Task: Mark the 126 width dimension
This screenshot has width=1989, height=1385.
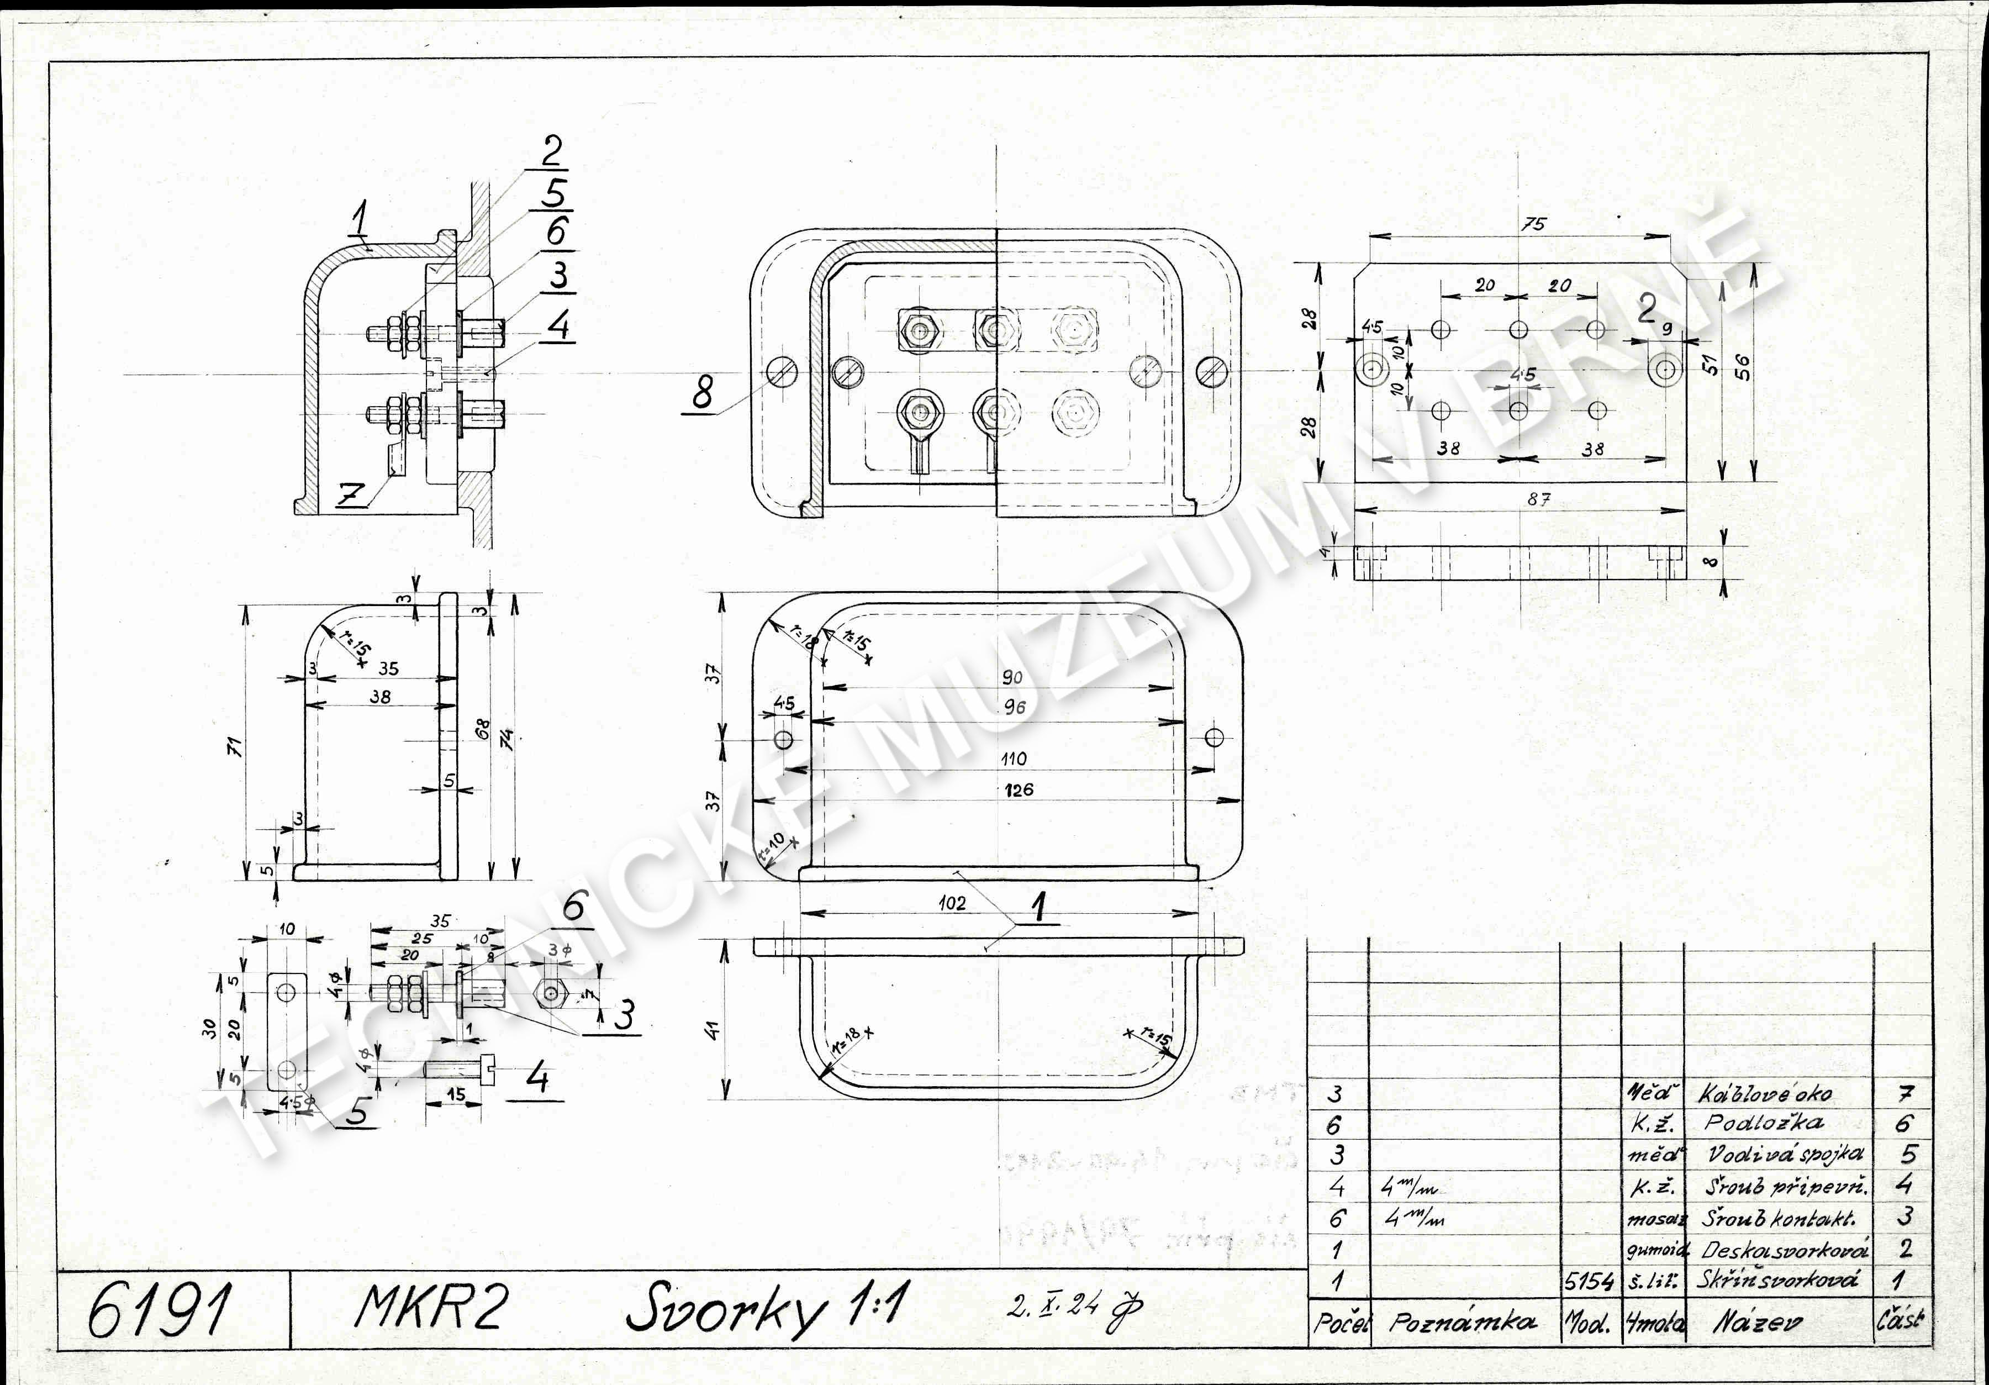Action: tap(1019, 789)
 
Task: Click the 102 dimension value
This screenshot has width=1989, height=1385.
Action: tap(952, 903)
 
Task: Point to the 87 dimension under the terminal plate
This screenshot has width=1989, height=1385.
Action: tap(1538, 499)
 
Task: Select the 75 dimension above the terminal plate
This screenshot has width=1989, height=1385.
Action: tap(1533, 224)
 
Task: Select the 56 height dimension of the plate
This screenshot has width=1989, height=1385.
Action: tap(1743, 367)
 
